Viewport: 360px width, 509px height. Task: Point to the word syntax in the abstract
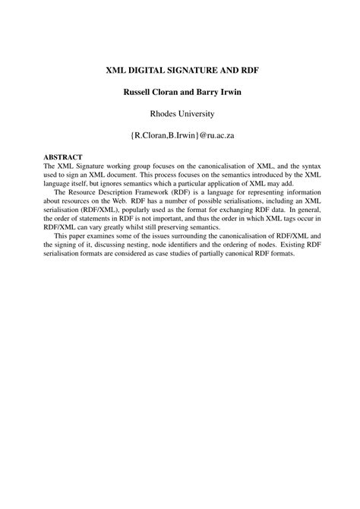click(301, 166)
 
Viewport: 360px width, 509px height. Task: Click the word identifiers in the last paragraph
click(206, 242)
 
